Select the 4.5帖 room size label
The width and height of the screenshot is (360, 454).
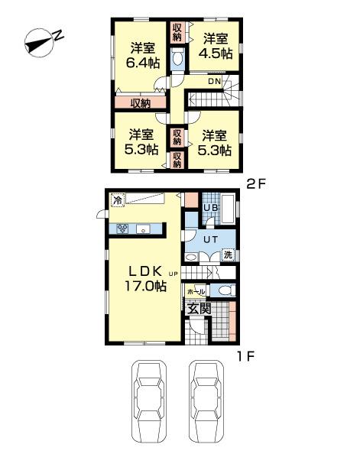pyautogui.click(x=216, y=54)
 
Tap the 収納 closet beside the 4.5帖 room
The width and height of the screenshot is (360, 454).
pyautogui.click(x=177, y=32)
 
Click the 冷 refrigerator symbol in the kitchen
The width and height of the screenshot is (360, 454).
pyautogui.click(x=117, y=200)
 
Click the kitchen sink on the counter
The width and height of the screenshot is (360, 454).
pyautogui.click(x=142, y=229)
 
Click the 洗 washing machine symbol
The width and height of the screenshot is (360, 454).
pyautogui.click(x=227, y=255)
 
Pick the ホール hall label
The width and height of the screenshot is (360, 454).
pyautogui.click(x=195, y=292)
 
